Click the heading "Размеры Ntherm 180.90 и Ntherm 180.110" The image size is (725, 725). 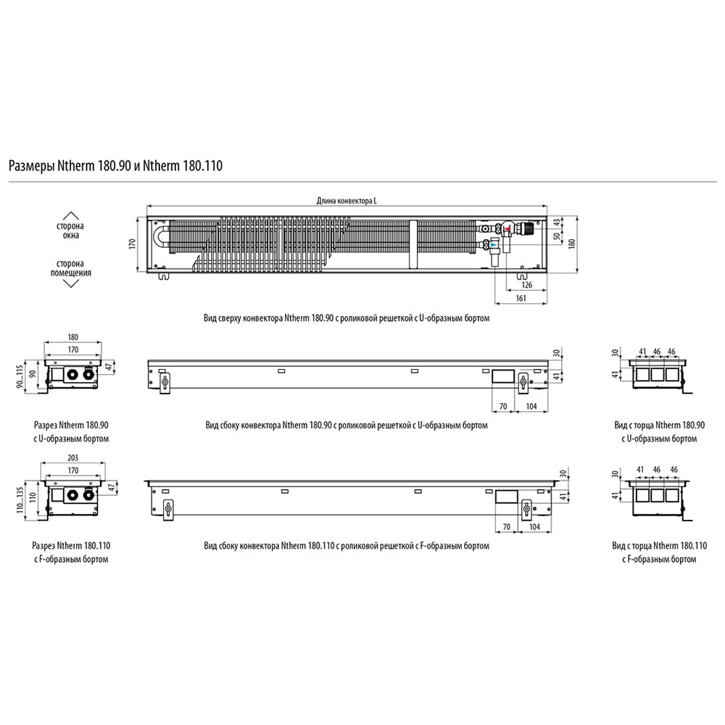(x=115, y=165)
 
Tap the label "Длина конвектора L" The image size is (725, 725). (x=347, y=201)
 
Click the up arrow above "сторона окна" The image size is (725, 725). (x=70, y=216)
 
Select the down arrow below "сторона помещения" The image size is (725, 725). (x=70, y=283)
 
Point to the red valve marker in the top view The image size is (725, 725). (x=507, y=228)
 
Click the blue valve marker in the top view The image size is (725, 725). (x=494, y=243)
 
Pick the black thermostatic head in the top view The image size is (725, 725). (x=527, y=228)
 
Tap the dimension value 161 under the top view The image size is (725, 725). (x=521, y=298)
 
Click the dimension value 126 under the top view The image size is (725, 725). (x=526, y=285)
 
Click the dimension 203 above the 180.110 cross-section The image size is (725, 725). (x=72, y=457)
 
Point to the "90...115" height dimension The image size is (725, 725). (x=20, y=376)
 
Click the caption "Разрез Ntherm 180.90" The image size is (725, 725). (x=71, y=425)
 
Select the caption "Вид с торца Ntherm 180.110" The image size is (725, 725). (x=659, y=546)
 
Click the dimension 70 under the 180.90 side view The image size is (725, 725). (x=503, y=407)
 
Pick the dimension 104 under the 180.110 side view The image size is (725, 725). (x=534, y=527)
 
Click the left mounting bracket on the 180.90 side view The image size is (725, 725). (x=165, y=383)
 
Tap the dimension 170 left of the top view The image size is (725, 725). (x=132, y=244)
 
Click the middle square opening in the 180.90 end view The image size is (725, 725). (x=657, y=374)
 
